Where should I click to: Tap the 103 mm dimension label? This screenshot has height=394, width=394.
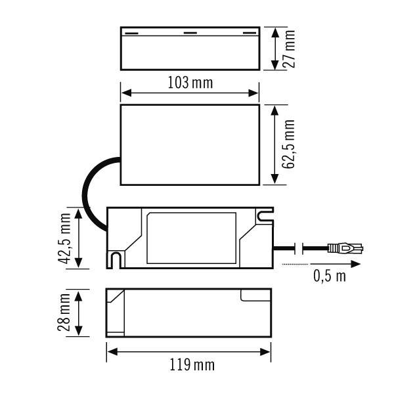pos(190,83)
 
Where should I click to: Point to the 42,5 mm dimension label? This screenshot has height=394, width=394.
pos(64,238)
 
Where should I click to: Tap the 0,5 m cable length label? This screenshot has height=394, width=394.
pos(329,276)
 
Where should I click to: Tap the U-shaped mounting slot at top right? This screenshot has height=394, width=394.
pos(264,215)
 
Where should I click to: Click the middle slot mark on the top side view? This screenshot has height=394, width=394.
pos(189,32)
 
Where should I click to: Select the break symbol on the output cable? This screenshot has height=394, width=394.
pos(301,248)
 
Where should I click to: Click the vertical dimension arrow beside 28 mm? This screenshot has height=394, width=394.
pos(79,313)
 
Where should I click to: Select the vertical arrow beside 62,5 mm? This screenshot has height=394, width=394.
pos(274,144)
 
